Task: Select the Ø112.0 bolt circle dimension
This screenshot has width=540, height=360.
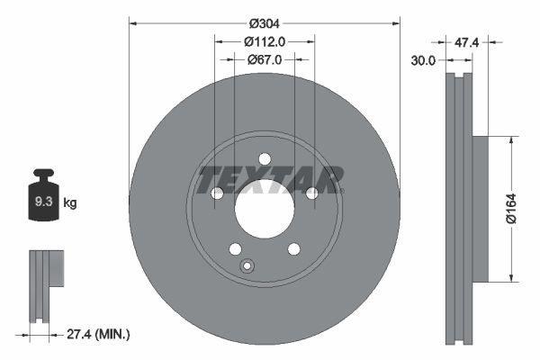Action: pyautogui.click(x=264, y=41)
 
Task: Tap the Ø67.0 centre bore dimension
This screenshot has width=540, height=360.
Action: pyautogui.click(x=264, y=59)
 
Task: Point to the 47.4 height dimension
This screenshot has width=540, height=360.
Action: pyautogui.click(x=465, y=41)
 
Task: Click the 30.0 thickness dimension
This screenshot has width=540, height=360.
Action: pyautogui.click(x=423, y=60)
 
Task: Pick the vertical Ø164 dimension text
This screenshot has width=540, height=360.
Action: pyautogui.click(x=509, y=206)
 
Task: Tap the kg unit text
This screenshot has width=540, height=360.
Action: pyautogui.click(x=69, y=203)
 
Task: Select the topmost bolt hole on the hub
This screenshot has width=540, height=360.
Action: pyautogui.click(x=265, y=159)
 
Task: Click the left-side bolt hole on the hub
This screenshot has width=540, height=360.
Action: pyautogui.click(x=216, y=193)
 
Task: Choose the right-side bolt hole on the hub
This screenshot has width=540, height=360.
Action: pyautogui.click(x=312, y=193)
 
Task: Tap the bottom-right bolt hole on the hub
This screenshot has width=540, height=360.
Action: pyautogui.click(x=293, y=249)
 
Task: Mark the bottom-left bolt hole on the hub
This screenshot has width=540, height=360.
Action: pyautogui.click(x=235, y=249)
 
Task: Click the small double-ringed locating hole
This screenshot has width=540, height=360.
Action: pyautogui.click(x=247, y=265)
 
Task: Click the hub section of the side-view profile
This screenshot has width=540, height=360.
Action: pyautogui.click(x=479, y=206)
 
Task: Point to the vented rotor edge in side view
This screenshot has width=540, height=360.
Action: pyautogui.click(x=459, y=206)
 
